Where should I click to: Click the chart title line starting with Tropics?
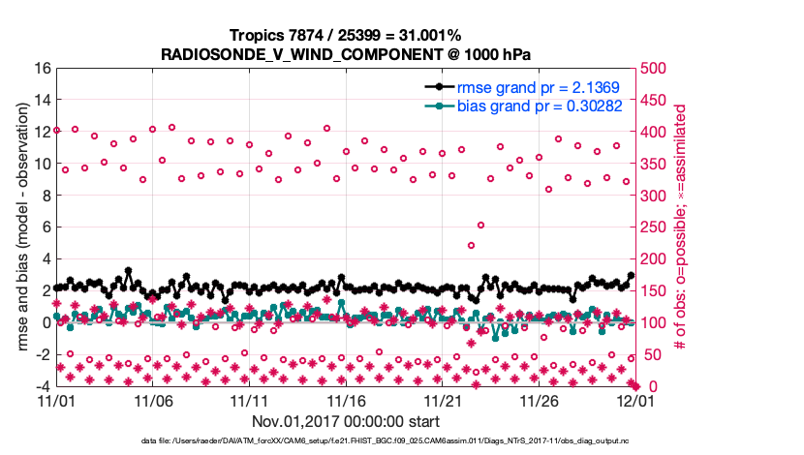pos(345,36)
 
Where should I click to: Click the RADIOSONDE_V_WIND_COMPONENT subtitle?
pos(345,54)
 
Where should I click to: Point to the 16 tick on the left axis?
pos(42,69)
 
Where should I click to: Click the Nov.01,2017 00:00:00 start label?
pos(345,421)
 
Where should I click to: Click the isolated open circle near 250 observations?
pos(480,226)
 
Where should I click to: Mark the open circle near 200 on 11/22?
pos(471,245)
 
